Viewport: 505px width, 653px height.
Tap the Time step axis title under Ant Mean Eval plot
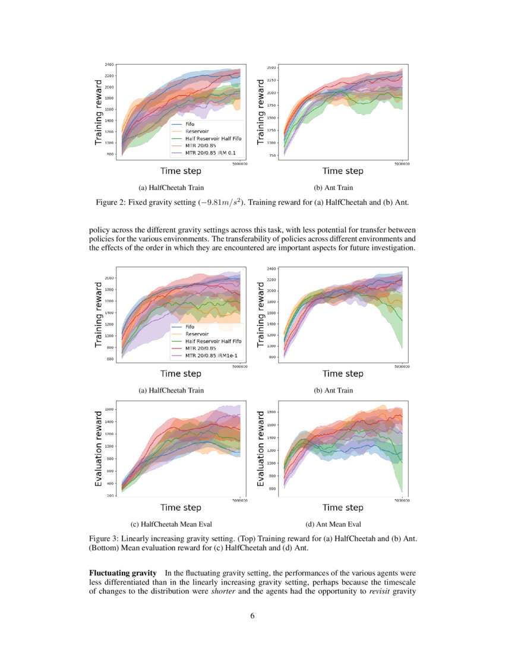[342, 508]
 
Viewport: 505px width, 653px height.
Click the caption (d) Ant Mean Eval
[333, 524]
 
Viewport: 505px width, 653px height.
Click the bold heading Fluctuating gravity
[122, 573]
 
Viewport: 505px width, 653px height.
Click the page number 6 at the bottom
[252, 616]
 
